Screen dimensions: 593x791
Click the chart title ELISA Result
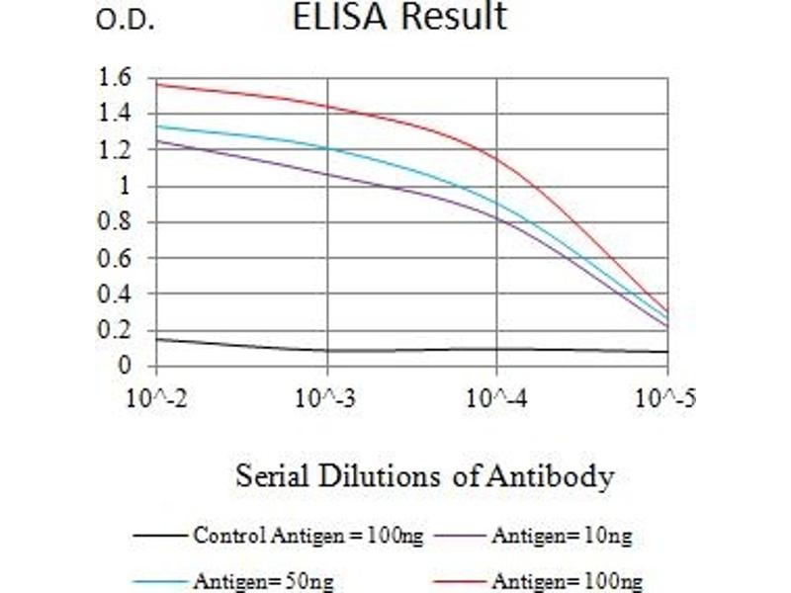coord(399,17)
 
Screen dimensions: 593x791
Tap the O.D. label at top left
coord(126,21)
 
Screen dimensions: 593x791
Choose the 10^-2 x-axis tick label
coord(156,400)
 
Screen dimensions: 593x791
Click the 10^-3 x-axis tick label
coord(326,400)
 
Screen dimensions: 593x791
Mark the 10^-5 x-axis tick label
coord(665,400)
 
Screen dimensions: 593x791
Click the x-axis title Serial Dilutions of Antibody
coord(424,477)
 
